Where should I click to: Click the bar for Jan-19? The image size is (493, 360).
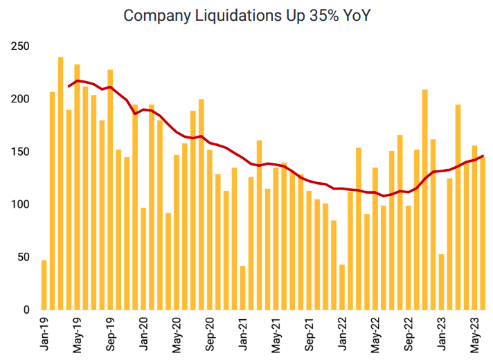[44, 285]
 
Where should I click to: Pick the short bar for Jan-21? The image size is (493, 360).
[242, 287]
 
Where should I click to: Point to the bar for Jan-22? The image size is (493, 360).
[342, 287]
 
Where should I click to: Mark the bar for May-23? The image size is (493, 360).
[474, 208]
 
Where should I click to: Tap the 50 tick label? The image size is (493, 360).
[24, 257]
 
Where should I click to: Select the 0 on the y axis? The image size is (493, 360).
[26, 309]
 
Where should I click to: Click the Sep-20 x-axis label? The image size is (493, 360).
[210, 334]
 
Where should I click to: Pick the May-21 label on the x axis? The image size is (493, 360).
[276, 334]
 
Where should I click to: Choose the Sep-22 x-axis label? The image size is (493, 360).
[409, 334]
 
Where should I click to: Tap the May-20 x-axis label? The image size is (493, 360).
[177, 334]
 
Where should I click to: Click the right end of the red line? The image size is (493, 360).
[483, 156]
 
